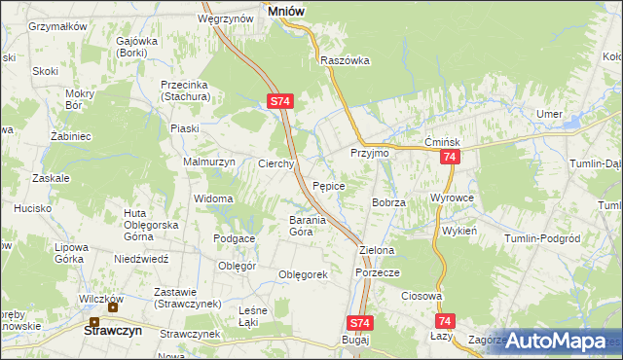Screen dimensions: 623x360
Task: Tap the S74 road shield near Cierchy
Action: tap(280, 100)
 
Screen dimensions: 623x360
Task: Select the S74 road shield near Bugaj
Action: tap(359, 322)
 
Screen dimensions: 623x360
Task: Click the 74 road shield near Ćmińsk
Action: tap(449, 157)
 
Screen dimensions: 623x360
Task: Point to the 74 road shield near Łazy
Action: tap(446, 320)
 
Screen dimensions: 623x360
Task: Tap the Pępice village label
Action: tap(329, 185)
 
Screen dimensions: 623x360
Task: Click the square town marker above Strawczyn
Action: tap(95, 322)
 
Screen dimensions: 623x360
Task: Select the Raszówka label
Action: tap(346, 59)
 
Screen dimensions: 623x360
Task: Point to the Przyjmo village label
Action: tap(370, 154)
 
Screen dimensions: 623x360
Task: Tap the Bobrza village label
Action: tap(387, 201)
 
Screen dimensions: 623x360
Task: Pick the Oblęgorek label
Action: tap(303, 274)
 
